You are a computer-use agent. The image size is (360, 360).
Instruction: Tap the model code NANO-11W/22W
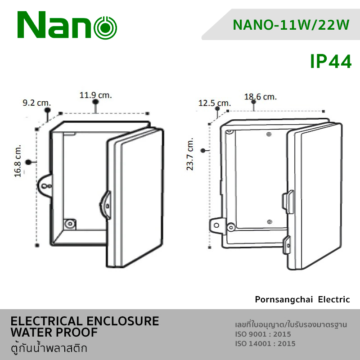pyautogui.click(x=291, y=25)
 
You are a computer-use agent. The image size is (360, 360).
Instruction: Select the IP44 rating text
pyautogui.click(x=331, y=62)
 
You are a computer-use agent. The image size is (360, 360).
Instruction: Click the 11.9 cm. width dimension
pyautogui.click(x=95, y=95)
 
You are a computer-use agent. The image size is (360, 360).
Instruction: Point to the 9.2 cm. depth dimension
pyautogui.click(x=37, y=103)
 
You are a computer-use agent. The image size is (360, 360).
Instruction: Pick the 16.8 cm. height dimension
pyautogui.click(x=18, y=161)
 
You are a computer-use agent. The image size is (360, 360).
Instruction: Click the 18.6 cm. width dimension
pyautogui.click(x=261, y=97)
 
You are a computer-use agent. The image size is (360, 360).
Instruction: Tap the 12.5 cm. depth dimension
pyautogui.click(x=214, y=103)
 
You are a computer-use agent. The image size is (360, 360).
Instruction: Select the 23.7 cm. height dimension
pyautogui.click(x=190, y=154)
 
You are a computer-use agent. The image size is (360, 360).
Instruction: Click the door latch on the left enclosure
pyautogui.click(x=106, y=205)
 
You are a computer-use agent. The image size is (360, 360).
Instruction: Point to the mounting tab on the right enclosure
pyautogui.click(x=216, y=225)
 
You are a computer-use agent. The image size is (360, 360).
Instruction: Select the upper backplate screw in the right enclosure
pyautogui.click(x=269, y=134)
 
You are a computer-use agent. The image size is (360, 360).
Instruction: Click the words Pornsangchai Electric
pyautogui.click(x=302, y=299)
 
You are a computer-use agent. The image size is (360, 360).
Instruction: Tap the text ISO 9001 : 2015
pyautogui.click(x=263, y=334)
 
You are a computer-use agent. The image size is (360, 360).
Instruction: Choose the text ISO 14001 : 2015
pyautogui.click(x=265, y=344)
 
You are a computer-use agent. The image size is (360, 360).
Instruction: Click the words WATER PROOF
pyautogui.click(x=54, y=333)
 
